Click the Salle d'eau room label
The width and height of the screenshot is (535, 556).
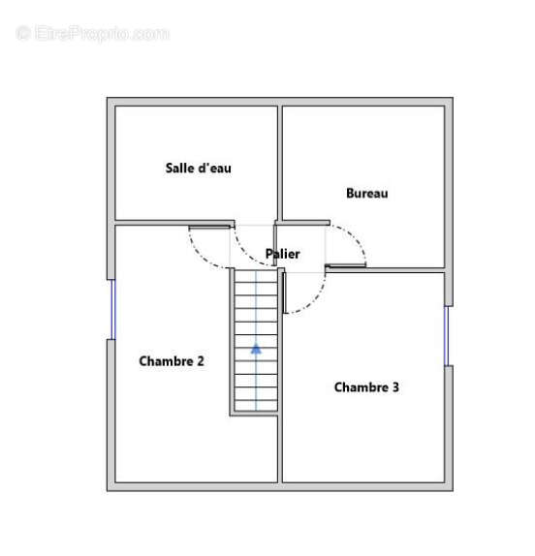tap(199, 169)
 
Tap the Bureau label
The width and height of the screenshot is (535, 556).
tap(366, 194)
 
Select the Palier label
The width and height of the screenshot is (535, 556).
tap(283, 254)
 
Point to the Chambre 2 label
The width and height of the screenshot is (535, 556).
tap(172, 361)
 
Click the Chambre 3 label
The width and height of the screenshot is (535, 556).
tap(366, 386)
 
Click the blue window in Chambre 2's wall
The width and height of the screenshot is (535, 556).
tap(113, 310)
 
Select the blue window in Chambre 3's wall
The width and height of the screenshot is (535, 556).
tap(447, 336)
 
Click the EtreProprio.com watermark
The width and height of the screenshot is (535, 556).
tap(93, 34)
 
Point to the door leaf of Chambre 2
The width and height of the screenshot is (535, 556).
tap(209, 227)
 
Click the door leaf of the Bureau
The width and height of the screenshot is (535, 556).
tap(346, 264)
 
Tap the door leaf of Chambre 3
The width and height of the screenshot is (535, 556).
tap(285, 293)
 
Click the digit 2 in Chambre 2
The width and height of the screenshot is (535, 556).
tap(201, 361)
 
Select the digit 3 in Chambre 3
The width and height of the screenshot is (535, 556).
tap(395, 386)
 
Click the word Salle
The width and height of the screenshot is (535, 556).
tap(178, 169)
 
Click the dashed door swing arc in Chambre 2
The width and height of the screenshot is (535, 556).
tap(200, 256)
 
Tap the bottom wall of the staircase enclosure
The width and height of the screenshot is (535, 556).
tap(254, 414)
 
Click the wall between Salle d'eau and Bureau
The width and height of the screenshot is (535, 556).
tap(280, 163)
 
